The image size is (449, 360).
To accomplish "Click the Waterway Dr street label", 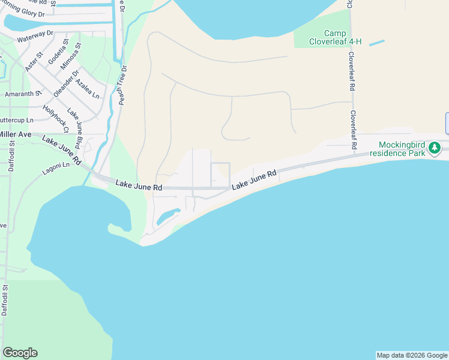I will coord(35,37).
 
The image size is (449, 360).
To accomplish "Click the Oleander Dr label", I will coord(67,84).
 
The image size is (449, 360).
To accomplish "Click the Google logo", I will coord(20,353).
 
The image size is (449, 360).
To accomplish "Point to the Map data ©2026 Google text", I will coord(412,355).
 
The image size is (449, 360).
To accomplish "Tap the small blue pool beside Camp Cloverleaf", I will coord(376,43).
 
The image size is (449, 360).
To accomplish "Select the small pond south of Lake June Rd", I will coord(168,216).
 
